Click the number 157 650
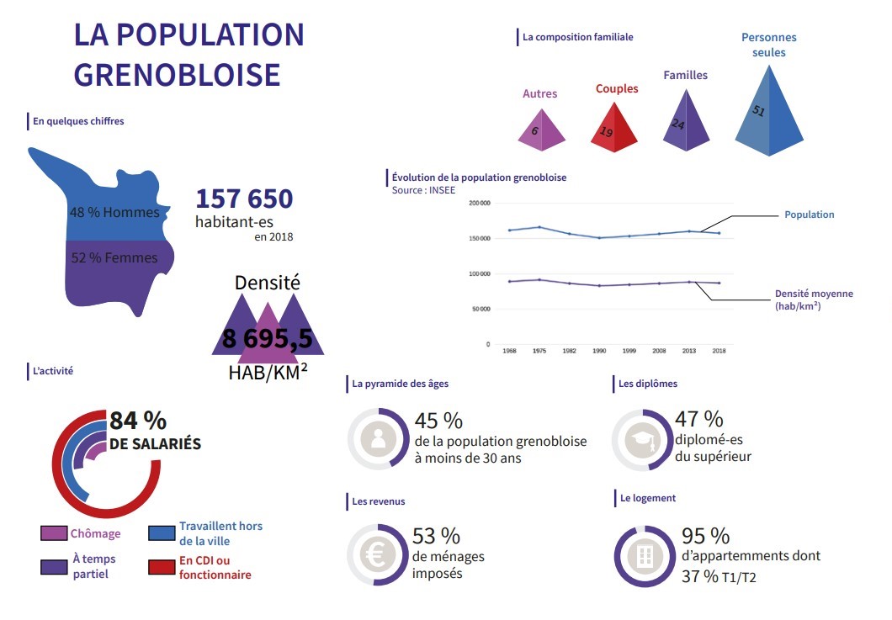(244, 199)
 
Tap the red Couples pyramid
(615, 126)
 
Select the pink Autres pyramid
(540, 128)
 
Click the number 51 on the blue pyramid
(757, 111)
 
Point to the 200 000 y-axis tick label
(480, 204)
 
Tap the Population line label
(809, 215)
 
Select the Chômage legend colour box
(54, 533)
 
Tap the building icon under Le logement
(645, 556)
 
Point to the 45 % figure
(438, 420)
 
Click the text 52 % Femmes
(114, 257)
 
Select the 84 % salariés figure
(138, 420)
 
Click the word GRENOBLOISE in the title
(177, 74)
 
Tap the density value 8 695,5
(267, 338)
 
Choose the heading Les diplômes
(647, 384)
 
